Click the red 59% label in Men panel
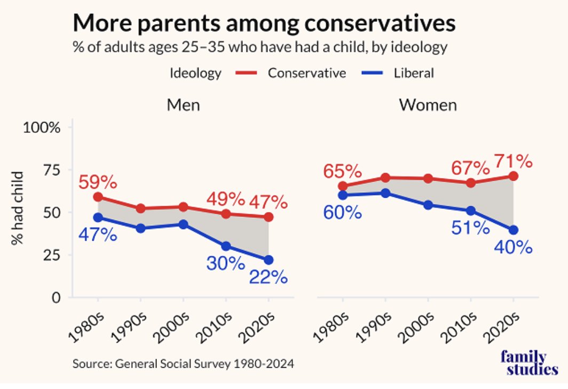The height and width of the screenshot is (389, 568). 98,182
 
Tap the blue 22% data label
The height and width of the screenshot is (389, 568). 269,277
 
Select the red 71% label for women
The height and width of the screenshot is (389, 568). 514,161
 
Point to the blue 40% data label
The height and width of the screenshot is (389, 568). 514,247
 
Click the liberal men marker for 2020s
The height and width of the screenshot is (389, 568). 269,260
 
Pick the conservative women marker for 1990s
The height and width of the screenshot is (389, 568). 385,177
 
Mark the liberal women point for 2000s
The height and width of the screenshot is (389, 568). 428,205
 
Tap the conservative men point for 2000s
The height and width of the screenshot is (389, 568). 183,207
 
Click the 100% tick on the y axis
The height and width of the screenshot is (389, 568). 42,127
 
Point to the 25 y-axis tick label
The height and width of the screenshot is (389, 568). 51,255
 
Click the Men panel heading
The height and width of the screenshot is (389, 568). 183,105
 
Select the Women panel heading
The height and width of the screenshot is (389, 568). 428,105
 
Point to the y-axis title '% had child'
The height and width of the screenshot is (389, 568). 17,208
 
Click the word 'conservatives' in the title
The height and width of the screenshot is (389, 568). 380,23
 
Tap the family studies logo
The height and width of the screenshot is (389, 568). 529,362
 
